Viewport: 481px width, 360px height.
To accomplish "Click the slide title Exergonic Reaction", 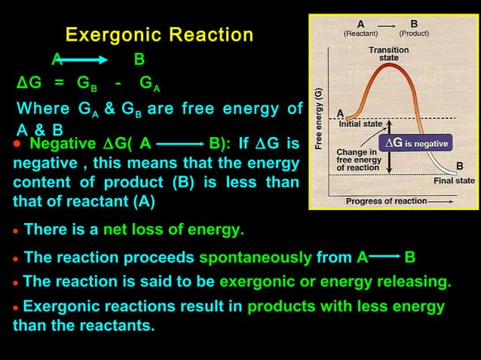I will click(x=159, y=35).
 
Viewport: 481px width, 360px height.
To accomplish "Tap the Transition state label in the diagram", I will click(x=388, y=53).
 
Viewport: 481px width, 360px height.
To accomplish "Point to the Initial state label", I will click(x=360, y=125).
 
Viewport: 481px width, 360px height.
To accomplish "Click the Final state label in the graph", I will click(x=454, y=181).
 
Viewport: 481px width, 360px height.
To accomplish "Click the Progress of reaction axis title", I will click(x=385, y=201).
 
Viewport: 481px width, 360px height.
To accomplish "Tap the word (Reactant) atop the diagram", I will click(x=360, y=34).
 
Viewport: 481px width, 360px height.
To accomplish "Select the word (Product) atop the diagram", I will click(x=414, y=34).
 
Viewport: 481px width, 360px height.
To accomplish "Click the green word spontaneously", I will click(x=255, y=258).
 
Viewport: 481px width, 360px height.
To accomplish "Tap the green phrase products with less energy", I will click(x=346, y=307).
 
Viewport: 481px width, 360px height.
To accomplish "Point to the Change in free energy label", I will click(x=358, y=160).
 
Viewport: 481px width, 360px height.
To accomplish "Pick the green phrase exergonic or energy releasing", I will click(x=335, y=282).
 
